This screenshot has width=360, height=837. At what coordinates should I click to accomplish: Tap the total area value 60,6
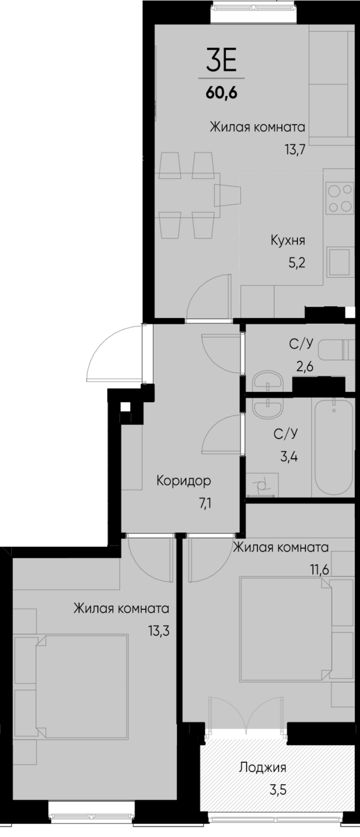[220, 93]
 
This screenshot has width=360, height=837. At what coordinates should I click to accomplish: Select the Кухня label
[288, 240]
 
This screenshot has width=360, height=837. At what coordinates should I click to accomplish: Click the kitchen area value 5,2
[296, 262]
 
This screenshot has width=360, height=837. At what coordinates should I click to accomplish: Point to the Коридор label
[183, 481]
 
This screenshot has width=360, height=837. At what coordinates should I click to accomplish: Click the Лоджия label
[263, 768]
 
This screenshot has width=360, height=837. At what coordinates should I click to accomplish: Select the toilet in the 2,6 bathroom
[333, 349]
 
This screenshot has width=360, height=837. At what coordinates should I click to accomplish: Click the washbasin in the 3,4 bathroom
[270, 408]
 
